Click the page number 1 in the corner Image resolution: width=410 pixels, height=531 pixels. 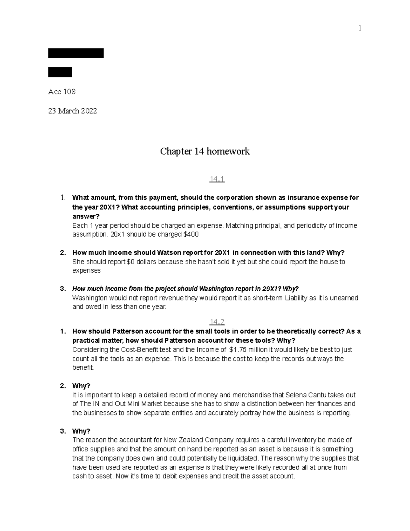tap(359, 28)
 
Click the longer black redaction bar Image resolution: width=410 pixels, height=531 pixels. tap(76, 53)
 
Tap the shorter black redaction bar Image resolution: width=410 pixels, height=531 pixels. tap(60, 72)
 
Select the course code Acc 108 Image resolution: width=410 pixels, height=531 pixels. tap(62, 92)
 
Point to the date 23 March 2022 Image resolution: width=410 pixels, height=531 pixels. tap(72, 111)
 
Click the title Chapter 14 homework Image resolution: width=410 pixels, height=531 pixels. tap(205, 151)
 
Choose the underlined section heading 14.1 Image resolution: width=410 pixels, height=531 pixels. tap(217, 179)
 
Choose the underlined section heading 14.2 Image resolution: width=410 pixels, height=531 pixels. tap(217, 322)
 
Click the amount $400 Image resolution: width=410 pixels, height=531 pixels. tap(191, 235)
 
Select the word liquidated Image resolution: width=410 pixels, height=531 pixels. tap(242, 458)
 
